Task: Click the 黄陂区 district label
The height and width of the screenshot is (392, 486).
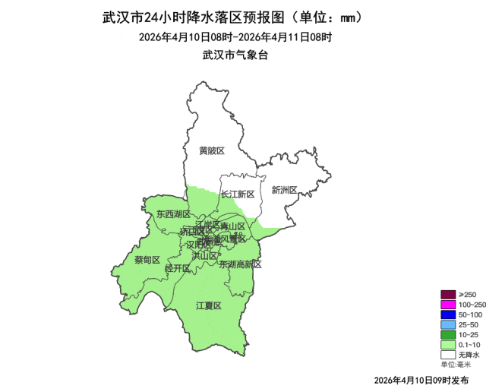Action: [x=212, y=150]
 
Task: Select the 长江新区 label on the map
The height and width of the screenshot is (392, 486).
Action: [x=238, y=194]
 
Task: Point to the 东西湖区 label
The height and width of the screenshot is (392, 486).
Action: [x=172, y=214]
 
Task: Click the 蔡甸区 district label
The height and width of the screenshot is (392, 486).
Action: [x=147, y=259]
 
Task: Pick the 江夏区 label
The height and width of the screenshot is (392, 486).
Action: [x=208, y=305]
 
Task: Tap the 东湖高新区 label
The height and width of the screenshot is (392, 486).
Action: [x=240, y=264]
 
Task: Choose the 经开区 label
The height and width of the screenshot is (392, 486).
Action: [x=178, y=268]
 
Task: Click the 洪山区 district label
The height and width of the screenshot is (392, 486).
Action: [x=204, y=255]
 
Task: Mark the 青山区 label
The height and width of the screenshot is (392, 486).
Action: [x=232, y=226]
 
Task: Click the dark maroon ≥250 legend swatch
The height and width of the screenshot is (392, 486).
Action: [x=448, y=295]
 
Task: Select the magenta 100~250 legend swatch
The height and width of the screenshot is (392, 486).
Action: [x=448, y=305]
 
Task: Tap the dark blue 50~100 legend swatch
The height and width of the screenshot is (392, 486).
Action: [x=448, y=315]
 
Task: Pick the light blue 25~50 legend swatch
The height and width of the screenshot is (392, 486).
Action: [x=448, y=324]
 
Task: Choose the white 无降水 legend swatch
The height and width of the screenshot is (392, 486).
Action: [x=448, y=354]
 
